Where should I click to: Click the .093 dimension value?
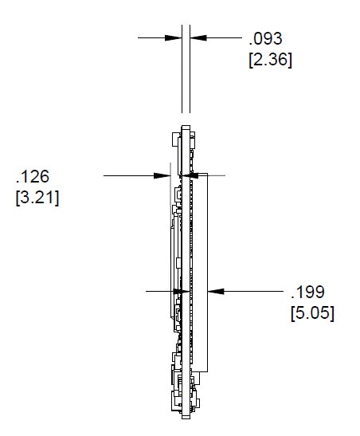[265, 38]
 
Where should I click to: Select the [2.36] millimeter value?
[270, 60]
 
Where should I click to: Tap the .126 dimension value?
[33, 177]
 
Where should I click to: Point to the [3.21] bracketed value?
[37, 198]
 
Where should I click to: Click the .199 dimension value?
[307, 292]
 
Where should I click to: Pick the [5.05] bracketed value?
[312, 313]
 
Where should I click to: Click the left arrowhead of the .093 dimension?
[174, 37]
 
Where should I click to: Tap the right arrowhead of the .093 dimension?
[198, 37]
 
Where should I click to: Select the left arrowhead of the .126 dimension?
[162, 175]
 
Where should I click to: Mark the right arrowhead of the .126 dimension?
[190, 175]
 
